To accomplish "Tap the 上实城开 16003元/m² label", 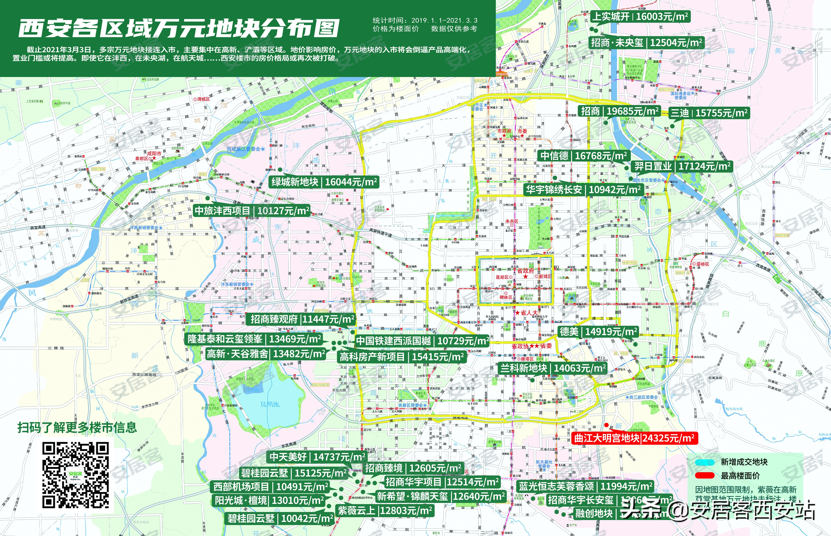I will click(640, 16).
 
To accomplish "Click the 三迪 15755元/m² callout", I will click(709, 113).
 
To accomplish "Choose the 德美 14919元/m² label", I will click(598, 331).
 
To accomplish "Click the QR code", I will click(76, 475).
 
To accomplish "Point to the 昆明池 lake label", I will click(270, 404).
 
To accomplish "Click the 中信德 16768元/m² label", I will click(583, 156).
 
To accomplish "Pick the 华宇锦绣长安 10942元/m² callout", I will click(583, 190).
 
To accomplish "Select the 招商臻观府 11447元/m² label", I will click(302, 319).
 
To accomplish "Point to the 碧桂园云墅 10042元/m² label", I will click(280, 518).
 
